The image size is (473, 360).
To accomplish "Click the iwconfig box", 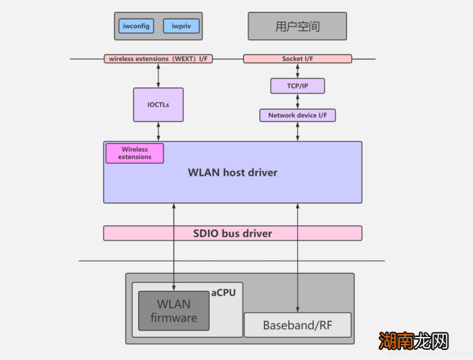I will click(136, 27).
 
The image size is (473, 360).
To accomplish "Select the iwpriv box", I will click(181, 27).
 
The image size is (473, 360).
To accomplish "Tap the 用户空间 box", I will click(297, 27).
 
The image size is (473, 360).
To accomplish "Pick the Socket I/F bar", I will click(297, 58).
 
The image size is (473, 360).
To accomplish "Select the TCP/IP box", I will click(297, 86).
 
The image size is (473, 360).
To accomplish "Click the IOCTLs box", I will click(158, 105).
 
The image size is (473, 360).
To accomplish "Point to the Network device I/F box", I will click(297, 114).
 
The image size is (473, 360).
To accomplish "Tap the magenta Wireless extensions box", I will click(135, 153).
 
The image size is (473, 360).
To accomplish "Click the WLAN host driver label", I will click(233, 173).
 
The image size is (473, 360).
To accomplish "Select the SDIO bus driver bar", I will click(233, 233).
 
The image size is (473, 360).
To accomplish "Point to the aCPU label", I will click(223, 293).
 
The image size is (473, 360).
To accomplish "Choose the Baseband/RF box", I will click(297, 325).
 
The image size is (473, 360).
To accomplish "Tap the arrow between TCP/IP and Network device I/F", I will click(297, 101).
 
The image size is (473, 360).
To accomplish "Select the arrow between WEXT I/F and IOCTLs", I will click(158, 76).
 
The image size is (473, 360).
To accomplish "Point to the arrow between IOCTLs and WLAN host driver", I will click(158, 132).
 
